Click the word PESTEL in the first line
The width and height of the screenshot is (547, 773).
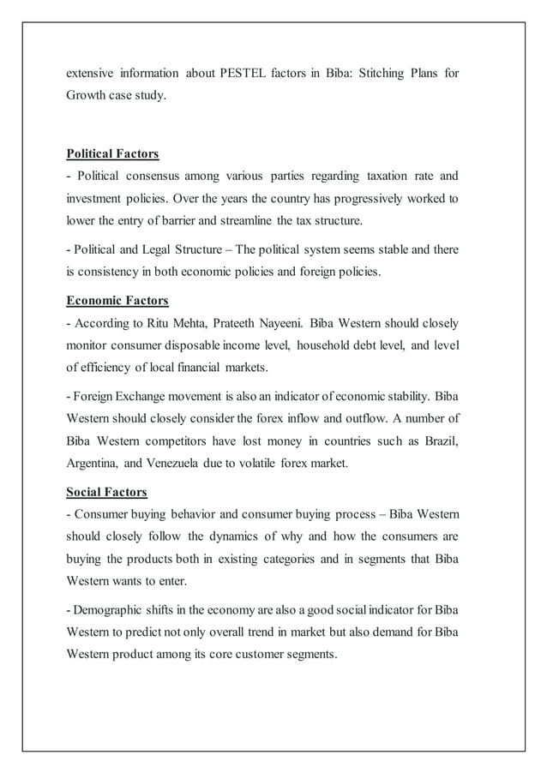(x=248, y=74)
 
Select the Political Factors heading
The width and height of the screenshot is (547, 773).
(x=112, y=154)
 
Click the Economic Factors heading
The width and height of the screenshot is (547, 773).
(x=117, y=301)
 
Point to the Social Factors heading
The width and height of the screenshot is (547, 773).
(x=106, y=492)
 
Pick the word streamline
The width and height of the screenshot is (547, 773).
(x=273, y=221)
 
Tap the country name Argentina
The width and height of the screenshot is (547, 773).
(x=95, y=463)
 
